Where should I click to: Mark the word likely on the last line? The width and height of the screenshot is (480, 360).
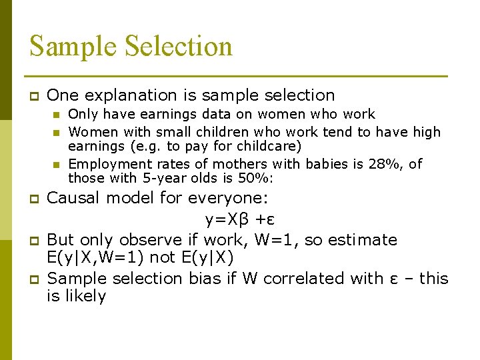[87, 296]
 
